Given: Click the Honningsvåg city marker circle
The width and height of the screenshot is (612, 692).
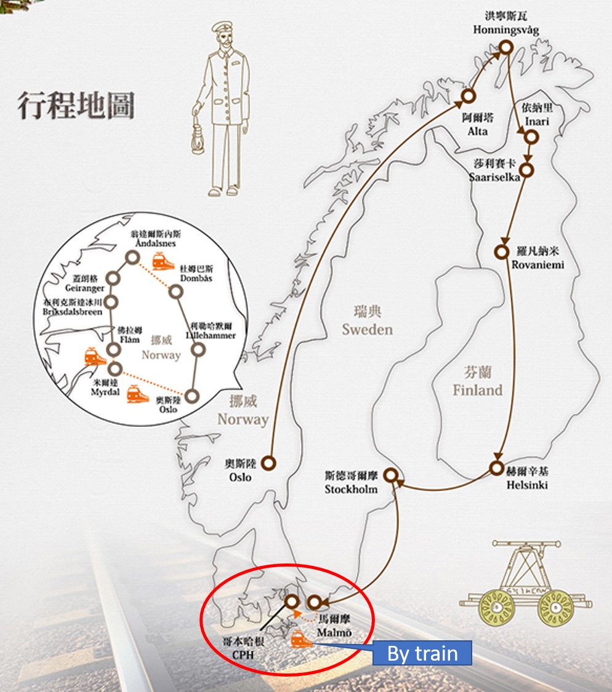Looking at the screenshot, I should click(x=505, y=47).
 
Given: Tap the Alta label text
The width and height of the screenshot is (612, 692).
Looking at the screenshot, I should click(x=477, y=132).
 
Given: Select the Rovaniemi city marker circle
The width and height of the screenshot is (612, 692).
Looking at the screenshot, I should click(x=501, y=252).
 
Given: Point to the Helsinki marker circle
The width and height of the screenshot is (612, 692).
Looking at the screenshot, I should click(x=496, y=468).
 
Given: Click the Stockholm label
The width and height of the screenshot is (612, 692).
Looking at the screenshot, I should click(x=351, y=490).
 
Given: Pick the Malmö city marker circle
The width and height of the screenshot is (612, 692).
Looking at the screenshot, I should click(x=315, y=602).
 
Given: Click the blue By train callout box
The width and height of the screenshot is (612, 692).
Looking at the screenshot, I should click(x=422, y=653).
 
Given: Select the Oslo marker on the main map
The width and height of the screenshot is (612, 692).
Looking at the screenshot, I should click(x=268, y=463).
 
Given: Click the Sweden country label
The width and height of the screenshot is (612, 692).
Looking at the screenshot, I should click(x=367, y=329).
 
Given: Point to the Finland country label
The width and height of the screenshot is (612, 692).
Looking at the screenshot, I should click(x=477, y=389).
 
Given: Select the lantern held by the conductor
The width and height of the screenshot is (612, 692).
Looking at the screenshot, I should click(x=199, y=127).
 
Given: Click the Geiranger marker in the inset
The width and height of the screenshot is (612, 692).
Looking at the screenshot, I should click(x=113, y=278).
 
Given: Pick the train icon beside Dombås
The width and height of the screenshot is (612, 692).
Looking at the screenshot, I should click(x=163, y=261).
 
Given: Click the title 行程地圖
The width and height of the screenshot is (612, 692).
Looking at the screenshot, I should click(x=76, y=106).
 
